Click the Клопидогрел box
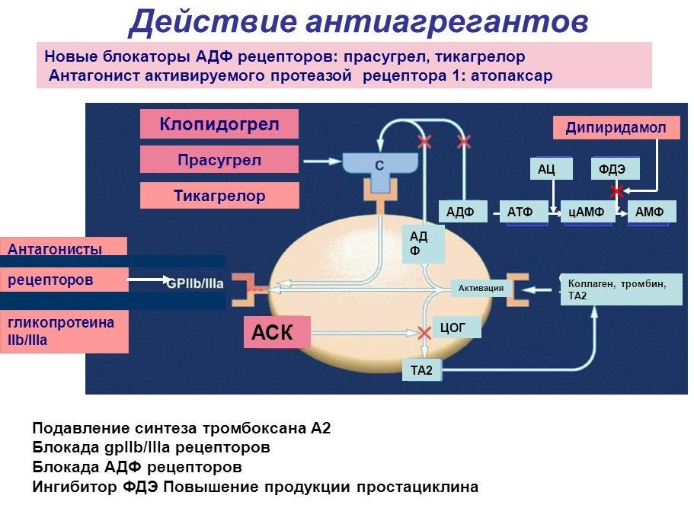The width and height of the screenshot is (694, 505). pos(219,124)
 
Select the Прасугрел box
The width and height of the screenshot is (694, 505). pos(219,160)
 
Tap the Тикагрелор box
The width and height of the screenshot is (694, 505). pos(219,196)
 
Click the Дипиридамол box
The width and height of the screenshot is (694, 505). pos(616,128)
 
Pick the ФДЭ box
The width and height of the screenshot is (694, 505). pos(615,169)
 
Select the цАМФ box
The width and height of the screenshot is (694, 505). pos(586,212)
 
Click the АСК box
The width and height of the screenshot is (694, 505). pos(277,332)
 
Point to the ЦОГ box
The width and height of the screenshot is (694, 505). pos(456,328)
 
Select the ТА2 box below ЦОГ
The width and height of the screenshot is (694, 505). pos(421,370)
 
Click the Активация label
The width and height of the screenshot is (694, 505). pos(480,288)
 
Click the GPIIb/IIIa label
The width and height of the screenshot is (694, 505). pos(195,283)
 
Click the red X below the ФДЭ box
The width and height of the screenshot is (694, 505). pos(617,189)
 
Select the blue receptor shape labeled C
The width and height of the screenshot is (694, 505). pos(379,164)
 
